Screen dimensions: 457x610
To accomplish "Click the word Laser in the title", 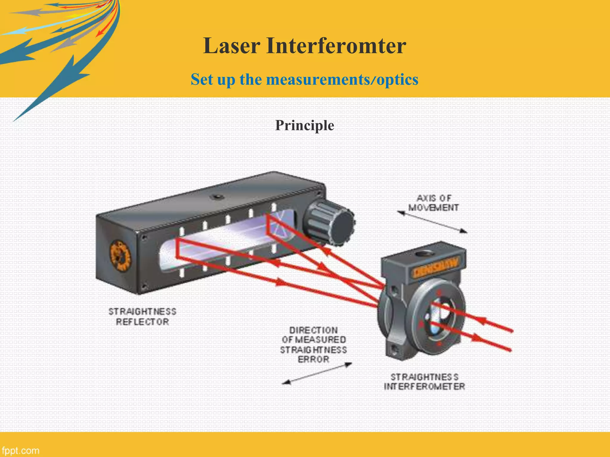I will click(x=231, y=46).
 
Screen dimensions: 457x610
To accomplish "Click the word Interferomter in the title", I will click(x=336, y=46).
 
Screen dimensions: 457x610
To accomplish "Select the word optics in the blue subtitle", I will click(x=397, y=79).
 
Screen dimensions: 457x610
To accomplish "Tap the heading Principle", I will click(x=304, y=125).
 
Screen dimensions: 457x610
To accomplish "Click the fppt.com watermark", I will click(x=20, y=450).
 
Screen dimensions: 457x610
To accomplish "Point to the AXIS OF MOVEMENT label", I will click(x=433, y=203).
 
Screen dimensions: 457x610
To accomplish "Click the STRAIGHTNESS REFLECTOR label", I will click(x=142, y=317).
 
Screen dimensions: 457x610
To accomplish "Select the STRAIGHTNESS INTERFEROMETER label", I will click(x=424, y=382).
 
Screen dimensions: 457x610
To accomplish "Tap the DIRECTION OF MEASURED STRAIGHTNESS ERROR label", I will click(x=313, y=345).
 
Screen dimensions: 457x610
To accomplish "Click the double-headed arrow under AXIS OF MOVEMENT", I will click(x=432, y=222).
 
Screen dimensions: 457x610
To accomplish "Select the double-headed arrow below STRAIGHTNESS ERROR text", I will click(x=317, y=373).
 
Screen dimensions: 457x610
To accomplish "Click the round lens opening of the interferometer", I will click(x=438, y=318).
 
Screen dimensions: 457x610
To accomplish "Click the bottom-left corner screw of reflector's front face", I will click(x=144, y=287).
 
